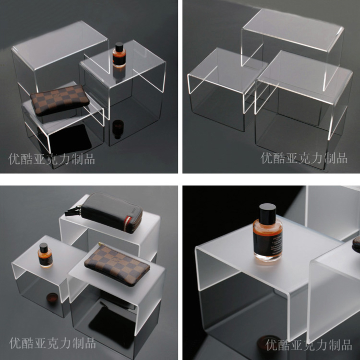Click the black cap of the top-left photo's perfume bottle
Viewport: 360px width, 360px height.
click(119, 47)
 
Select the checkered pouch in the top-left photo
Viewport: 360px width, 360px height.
click(60, 100)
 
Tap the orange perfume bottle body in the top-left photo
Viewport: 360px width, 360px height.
click(119, 59)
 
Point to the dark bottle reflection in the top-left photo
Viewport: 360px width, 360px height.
click(118, 129)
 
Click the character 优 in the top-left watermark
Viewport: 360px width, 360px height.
click(14, 159)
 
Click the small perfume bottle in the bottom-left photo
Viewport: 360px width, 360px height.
click(45, 255)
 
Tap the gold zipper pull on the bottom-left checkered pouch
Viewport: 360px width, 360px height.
click(101, 244)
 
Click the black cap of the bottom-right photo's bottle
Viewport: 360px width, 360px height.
click(267, 211)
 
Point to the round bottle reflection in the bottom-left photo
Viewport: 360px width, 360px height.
click(52, 299)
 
